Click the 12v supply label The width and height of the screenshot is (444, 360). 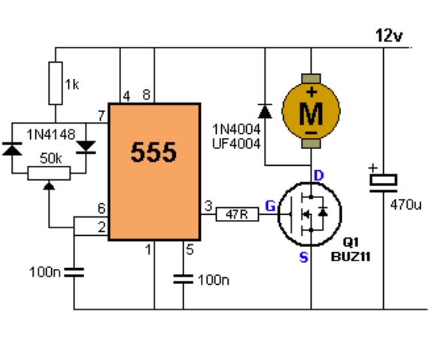[x=388, y=35]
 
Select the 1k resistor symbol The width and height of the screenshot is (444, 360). [x=56, y=83]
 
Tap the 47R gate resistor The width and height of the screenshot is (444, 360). [x=237, y=215]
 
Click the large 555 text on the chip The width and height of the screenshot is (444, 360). [x=154, y=152]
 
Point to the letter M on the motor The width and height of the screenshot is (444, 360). [x=311, y=114]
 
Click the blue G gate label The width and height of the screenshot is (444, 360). [x=270, y=206]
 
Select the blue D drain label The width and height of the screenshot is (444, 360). [x=319, y=175]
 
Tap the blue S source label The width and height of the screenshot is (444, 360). [x=303, y=258]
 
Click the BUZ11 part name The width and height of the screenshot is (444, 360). [x=351, y=257]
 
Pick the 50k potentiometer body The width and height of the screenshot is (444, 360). [x=49, y=173]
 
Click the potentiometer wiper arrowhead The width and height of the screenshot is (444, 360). [x=49, y=186]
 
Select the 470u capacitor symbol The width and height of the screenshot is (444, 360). [x=383, y=183]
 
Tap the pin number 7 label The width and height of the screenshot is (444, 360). [x=102, y=116]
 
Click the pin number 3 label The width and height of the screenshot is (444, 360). [x=208, y=206]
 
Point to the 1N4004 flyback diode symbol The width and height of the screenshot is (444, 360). [x=265, y=111]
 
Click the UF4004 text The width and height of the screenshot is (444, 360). [x=236, y=144]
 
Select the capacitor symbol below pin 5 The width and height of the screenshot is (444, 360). [x=183, y=279]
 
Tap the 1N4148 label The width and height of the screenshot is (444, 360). [x=51, y=134]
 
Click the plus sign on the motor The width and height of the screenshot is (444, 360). [x=312, y=93]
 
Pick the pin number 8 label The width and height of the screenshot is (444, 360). [x=147, y=95]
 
